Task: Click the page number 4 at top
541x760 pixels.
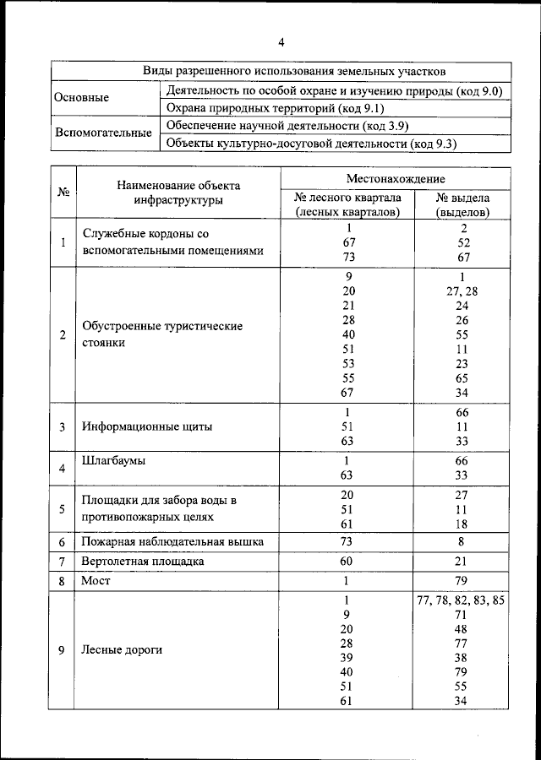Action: [281, 43]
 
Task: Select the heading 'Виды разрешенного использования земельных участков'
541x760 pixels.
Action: [281, 72]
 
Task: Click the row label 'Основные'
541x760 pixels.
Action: [81, 98]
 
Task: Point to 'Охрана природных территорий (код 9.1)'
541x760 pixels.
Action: [264, 108]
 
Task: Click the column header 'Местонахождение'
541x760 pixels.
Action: [395, 179]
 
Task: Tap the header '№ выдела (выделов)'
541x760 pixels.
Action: [462, 205]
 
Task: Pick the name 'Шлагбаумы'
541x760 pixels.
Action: [114, 461]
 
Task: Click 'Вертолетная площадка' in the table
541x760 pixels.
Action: [143, 562]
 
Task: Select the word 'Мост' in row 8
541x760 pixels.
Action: [96, 581]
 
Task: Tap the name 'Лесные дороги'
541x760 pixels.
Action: [122, 650]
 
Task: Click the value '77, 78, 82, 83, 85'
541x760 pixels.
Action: [462, 600]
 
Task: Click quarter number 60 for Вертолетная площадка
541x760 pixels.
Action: [347, 562]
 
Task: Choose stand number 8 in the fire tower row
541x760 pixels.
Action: [462, 541]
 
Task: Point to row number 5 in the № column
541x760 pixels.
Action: [63, 508]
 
